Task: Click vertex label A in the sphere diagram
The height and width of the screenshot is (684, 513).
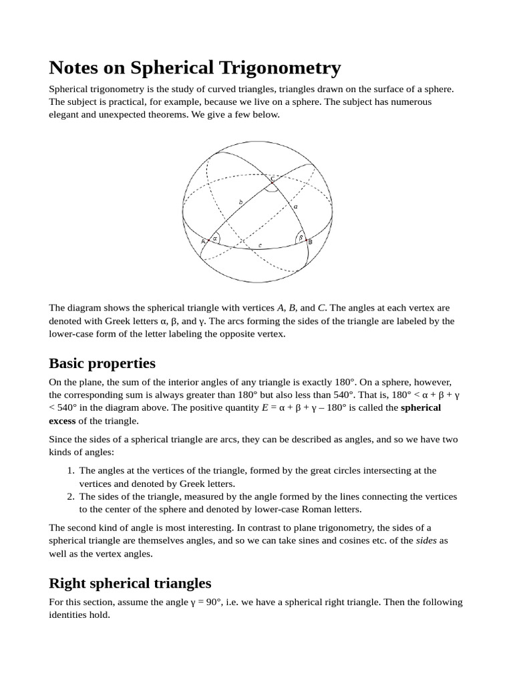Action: [203, 241]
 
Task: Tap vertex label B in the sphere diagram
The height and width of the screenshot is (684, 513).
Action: [310, 242]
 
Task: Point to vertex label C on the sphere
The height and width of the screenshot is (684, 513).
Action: [272, 179]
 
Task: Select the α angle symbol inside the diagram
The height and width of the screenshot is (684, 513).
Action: [215, 238]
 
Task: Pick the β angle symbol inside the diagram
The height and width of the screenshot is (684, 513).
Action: [301, 237]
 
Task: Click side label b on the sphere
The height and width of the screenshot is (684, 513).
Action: [240, 202]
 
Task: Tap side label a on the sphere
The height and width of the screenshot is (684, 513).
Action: [295, 206]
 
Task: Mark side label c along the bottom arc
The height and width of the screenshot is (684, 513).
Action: [260, 246]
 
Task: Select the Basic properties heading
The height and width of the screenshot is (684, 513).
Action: [102, 363]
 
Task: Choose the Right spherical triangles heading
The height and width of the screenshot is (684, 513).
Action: [130, 583]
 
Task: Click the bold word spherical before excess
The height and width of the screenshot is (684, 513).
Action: [421, 407]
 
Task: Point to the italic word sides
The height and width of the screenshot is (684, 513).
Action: [426, 540]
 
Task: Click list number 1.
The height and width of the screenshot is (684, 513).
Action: [71, 471]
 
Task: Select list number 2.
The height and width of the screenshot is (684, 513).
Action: [71, 496]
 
